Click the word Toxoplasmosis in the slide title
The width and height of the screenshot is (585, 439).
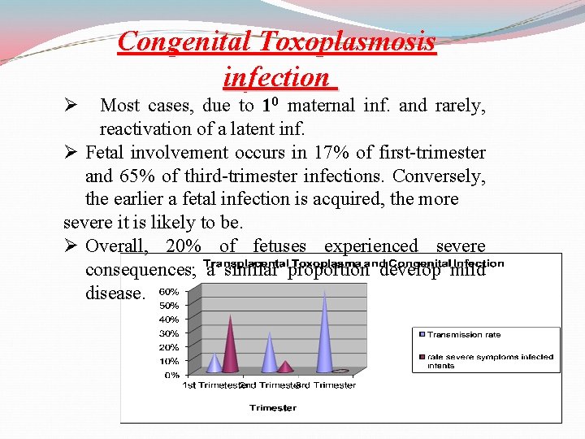(348, 41)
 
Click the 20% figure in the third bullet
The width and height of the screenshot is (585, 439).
(183, 246)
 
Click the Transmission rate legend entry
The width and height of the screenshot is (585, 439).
(464, 334)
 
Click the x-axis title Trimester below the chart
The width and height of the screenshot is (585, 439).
(272, 407)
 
